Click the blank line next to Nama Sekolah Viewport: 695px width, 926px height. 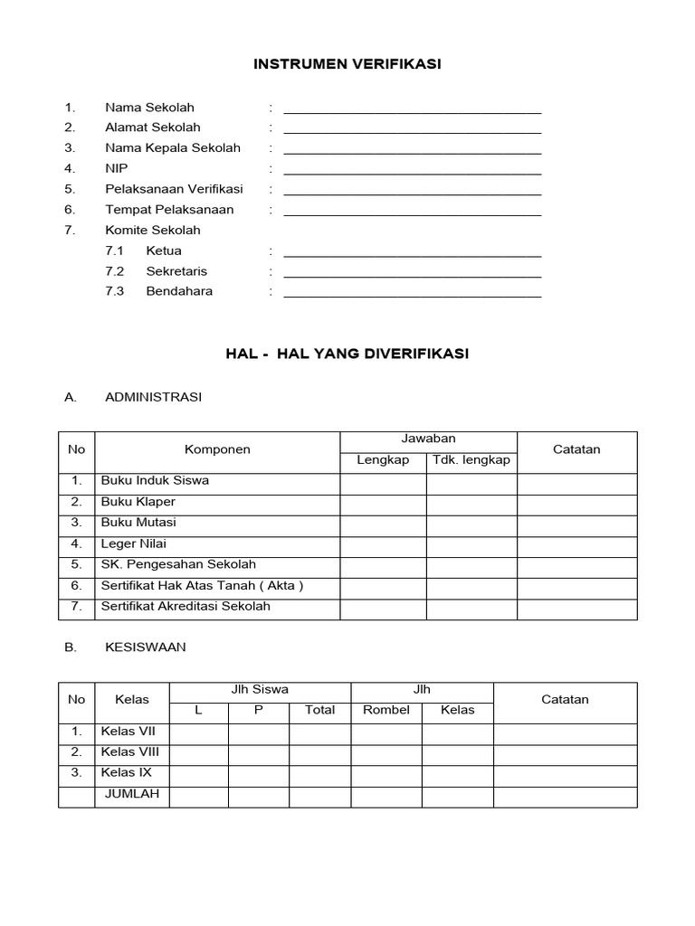pyautogui.click(x=413, y=109)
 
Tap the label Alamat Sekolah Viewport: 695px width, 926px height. pyautogui.click(x=152, y=128)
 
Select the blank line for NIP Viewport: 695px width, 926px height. pyautogui.click(x=413, y=170)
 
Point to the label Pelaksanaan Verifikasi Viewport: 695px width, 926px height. pyautogui.click(x=174, y=189)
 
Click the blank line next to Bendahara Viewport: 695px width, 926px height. pyautogui.click(x=413, y=293)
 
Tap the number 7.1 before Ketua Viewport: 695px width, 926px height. pyautogui.click(x=114, y=250)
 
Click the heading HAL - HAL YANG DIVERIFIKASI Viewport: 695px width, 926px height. pyautogui.click(x=347, y=354)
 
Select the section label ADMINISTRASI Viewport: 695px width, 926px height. pyautogui.click(x=153, y=397)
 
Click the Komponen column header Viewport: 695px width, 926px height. pyautogui.click(x=217, y=449)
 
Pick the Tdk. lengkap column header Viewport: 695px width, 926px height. pyautogui.click(x=471, y=460)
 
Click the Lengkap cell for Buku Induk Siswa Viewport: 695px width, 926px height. pyautogui.click(x=383, y=482)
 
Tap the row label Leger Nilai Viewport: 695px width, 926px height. pyautogui.click(x=134, y=544)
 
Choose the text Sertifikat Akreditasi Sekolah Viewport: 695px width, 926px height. pyautogui.click(x=186, y=607)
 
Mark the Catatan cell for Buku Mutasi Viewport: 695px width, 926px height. pyautogui.click(x=576, y=524)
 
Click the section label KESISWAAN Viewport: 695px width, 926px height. pyautogui.click(x=146, y=647)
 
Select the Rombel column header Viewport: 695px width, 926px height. pyautogui.click(x=386, y=711)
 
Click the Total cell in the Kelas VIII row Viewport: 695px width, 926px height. pyautogui.click(x=319, y=753)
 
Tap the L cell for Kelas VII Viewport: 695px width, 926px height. pyautogui.click(x=198, y=732)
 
